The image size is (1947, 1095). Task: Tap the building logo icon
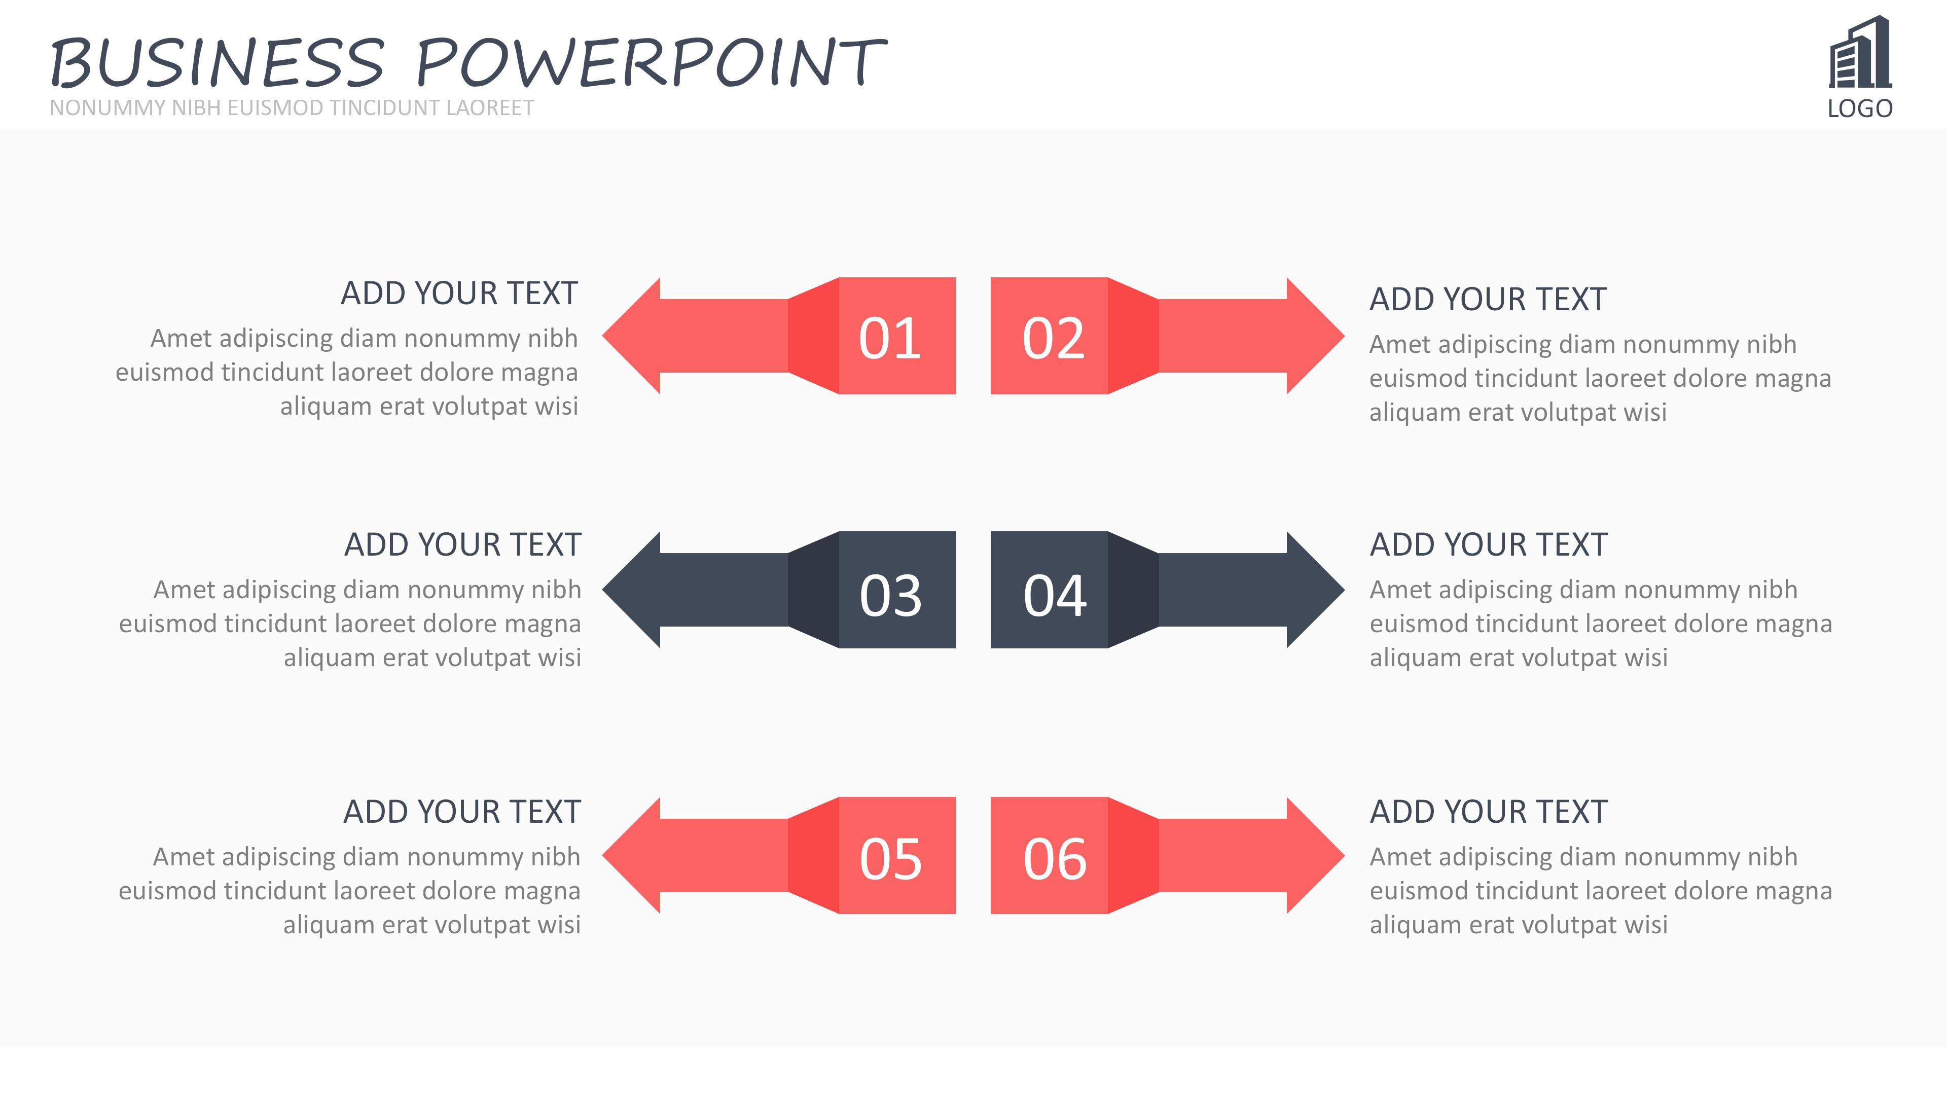1860,52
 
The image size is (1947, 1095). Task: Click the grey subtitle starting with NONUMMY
292,108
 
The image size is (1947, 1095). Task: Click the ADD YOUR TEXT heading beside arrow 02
1488,299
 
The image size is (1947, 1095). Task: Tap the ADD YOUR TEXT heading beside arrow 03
462,545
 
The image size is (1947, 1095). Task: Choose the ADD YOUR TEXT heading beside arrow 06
1488,812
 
